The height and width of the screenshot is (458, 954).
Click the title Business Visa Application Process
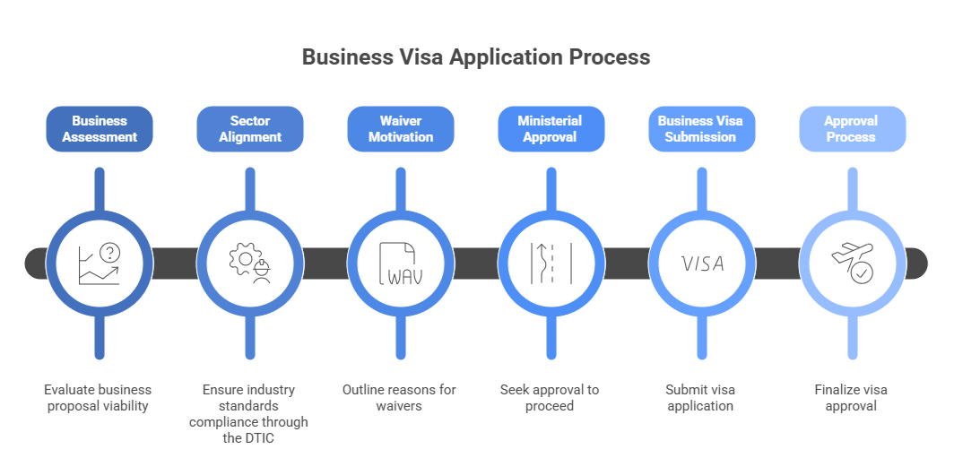(x=476, y=57)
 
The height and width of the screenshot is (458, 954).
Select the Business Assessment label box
(x=100, y=129)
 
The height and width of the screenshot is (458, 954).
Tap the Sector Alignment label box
(x=250, y=129)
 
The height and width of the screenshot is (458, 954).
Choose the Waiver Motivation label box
(x=401, y=129)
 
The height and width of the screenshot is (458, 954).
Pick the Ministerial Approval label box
(x=551, y=129)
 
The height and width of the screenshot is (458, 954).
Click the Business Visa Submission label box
(x=701, y=129)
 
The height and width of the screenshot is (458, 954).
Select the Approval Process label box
(x=852, y=129)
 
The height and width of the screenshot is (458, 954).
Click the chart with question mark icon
(x=100, y=264)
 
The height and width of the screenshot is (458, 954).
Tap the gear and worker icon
(x=250, y=264)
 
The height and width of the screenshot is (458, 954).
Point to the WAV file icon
(x=401, y=264)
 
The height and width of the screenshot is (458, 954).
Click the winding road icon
(x=551, y=264)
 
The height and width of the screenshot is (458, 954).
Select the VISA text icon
(x=702, y=264)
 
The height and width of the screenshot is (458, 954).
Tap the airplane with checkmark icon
(x=852, y=264)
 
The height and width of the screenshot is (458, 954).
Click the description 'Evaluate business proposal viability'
(x=100, y=398)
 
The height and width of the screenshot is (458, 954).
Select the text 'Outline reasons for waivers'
(x=401, y=398)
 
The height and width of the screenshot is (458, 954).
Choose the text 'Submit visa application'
(x=701, y=398)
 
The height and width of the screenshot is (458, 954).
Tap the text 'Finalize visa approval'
(x=852, y=398)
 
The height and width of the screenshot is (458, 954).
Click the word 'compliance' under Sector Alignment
(x=226, y=422)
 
